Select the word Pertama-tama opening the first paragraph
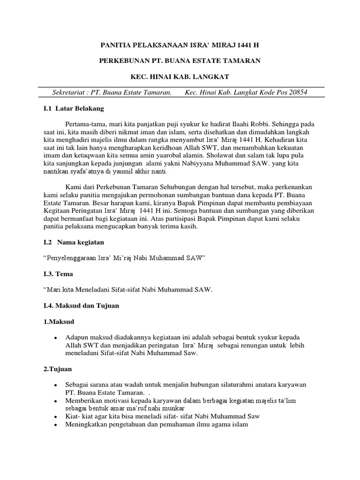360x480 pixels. (85, 124)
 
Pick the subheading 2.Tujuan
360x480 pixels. (58, 369)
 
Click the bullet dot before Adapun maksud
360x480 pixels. (56, 338)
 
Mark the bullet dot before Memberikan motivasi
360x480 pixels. (56, 401)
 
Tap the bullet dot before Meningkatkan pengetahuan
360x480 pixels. (56, 425)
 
